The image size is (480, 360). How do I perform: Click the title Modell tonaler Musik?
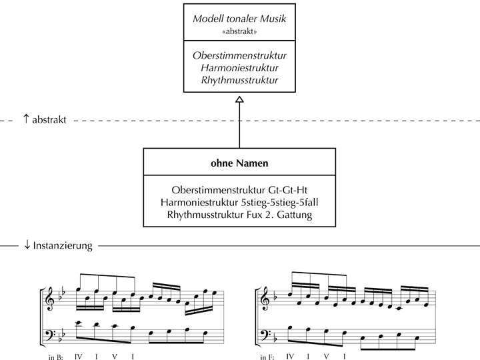239,19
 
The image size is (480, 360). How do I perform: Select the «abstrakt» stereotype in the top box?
239,31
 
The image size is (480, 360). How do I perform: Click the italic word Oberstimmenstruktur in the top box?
239,55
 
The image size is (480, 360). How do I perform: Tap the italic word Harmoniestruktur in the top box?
239,67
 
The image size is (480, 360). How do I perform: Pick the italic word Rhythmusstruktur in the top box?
239,80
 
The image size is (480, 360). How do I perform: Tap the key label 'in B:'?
55,357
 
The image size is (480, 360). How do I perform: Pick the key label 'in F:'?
267,357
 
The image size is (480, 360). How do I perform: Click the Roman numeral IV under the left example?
79,356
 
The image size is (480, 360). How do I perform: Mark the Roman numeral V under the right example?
325,356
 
